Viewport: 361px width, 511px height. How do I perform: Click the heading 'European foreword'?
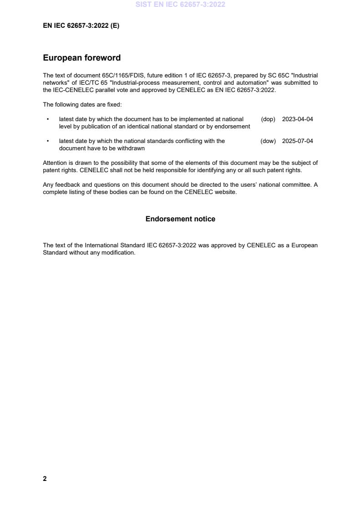point(81,58)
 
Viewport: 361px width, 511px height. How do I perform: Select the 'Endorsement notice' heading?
point(180,219)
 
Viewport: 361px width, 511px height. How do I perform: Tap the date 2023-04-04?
point(297,119)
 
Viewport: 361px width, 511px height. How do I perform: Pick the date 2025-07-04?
point(297,141)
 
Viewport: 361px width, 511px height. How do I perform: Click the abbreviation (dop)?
point(268,119)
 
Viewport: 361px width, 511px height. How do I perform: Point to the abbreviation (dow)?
point(268,141)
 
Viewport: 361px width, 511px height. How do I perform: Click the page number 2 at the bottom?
point(45,479)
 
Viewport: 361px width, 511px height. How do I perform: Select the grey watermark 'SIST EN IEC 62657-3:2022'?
point(180,5)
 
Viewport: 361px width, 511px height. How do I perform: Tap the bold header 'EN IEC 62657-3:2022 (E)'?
point(81,26)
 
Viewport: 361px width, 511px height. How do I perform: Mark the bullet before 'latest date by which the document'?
point(48,119)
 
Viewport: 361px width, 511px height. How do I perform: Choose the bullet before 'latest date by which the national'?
point(48,141)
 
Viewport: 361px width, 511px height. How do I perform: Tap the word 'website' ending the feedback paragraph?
point(225,192)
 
